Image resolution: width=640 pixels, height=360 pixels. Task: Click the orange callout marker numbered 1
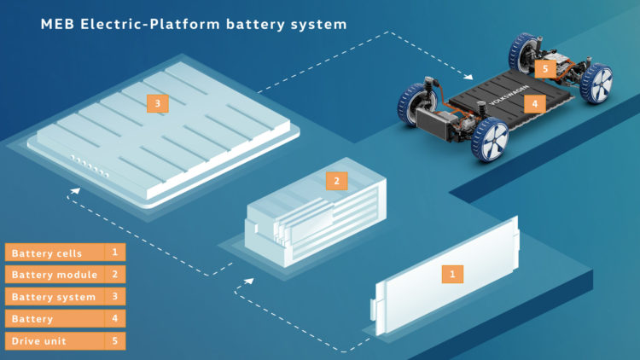[x=452, y=274]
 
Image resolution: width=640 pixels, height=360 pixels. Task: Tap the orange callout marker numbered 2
[x=336, y=181]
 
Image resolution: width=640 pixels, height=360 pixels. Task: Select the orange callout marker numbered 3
[x=158, y=104]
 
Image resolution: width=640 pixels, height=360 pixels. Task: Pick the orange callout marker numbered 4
[x=535, y=104]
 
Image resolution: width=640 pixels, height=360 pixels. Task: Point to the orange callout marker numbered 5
[x=545, y=68]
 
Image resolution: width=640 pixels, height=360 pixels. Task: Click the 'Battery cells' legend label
[x=47, y=253]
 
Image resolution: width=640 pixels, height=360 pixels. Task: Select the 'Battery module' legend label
[x=55, y=275]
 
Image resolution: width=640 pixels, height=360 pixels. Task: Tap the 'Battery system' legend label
[x=54, y=297]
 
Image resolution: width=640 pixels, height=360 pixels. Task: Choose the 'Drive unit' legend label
[x=38, y=341]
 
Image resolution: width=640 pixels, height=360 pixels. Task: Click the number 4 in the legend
[x=114, y=318]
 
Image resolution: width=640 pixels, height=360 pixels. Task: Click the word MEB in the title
[x=57, y=24]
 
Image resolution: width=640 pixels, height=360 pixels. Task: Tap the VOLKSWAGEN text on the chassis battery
[x=509, y=95]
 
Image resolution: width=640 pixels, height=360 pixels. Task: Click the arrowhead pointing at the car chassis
[x=469, y=76]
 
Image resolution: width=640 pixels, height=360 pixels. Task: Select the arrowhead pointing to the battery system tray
[x=75, y=190]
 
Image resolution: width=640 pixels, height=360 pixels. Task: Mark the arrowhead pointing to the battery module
[x=249, y=281]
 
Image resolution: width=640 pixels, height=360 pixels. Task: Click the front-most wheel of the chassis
[x=490, y=140]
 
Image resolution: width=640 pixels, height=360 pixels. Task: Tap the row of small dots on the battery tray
[x=90, y=166]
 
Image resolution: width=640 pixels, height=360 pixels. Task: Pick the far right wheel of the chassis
[x=596, y=84]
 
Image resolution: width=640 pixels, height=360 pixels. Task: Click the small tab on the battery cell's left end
[x=373, y=310]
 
